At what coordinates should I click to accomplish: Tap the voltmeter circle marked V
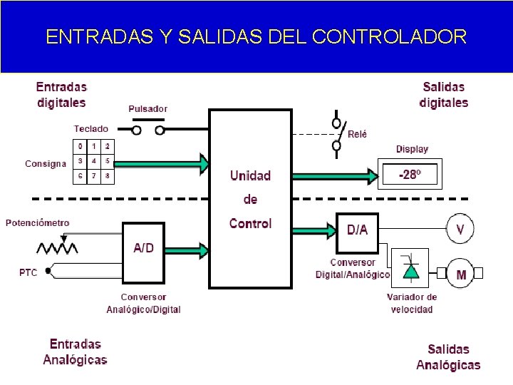460,230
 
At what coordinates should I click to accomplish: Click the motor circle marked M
460,274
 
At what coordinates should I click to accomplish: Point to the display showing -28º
408,175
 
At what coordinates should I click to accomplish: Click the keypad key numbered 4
94,161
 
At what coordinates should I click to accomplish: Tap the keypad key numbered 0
81,146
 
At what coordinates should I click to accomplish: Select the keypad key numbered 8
108,175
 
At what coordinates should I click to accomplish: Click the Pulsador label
147,109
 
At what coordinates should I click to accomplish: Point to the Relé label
357,134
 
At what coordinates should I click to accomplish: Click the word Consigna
45,163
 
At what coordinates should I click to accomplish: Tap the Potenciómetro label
38,222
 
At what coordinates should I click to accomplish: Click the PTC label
28,272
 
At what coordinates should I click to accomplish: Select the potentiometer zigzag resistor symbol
58,248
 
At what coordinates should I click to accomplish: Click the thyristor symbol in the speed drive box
410,269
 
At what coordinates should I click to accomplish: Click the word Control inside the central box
250,223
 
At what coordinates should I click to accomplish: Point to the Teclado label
91,129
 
